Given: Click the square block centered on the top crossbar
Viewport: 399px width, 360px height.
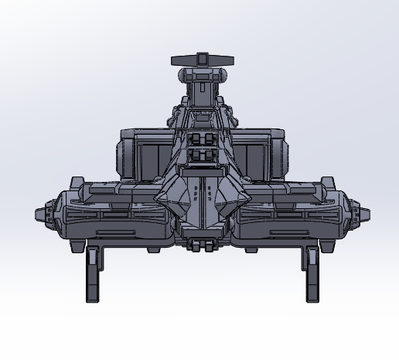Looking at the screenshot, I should [x=202, y=60].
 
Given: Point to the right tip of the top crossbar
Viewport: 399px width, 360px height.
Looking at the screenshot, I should [x=230, y=61].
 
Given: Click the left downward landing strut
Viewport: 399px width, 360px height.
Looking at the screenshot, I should [x=92, y=274].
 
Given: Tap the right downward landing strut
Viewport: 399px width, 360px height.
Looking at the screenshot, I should [x=311, y=274].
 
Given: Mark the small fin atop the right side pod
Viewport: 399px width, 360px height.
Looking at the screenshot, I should [x=325, y=183].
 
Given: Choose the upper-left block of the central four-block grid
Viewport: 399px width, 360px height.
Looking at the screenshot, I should [x=195, y=139].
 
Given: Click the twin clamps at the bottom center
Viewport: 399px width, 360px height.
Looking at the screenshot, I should [x=202, y=245].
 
